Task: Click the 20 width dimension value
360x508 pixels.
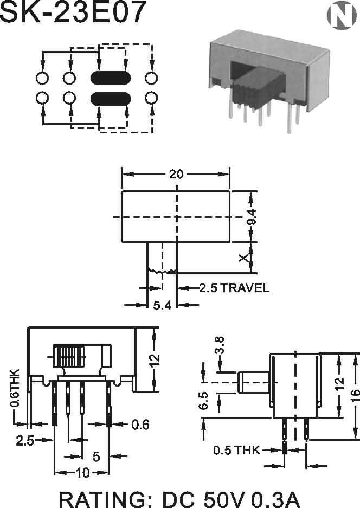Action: point(176,174)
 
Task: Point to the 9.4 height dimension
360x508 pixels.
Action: point(251,216)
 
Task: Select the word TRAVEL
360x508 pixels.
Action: point(245,288)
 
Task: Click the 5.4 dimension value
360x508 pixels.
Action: point(162,305)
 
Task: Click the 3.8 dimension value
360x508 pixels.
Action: point(220,345)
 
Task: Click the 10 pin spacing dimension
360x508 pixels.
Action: point(82,473)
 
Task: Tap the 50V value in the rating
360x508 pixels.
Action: point(221,498)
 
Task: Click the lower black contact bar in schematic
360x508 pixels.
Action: point(111,98)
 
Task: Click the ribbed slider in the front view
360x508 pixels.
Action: point(69,357)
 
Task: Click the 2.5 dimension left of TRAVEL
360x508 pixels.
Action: point(208,288)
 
